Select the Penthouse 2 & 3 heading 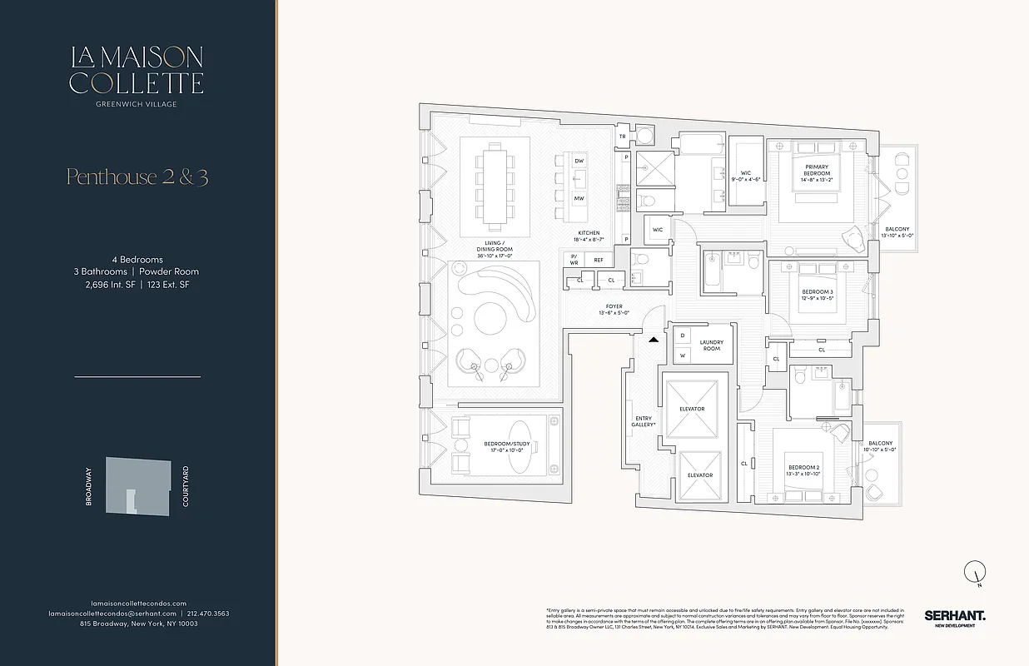click(137, 176)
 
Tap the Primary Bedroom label click(817, 171)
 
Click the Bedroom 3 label click(817, 295)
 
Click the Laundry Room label click(711, 345)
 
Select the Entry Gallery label click(644, 421)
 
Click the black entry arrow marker click(654, 340)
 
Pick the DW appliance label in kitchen click(579, 161)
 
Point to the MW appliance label click(579, 199)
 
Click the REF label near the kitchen click(598, 261)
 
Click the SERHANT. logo click(954, 617)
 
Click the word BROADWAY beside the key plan click(89, 487)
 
